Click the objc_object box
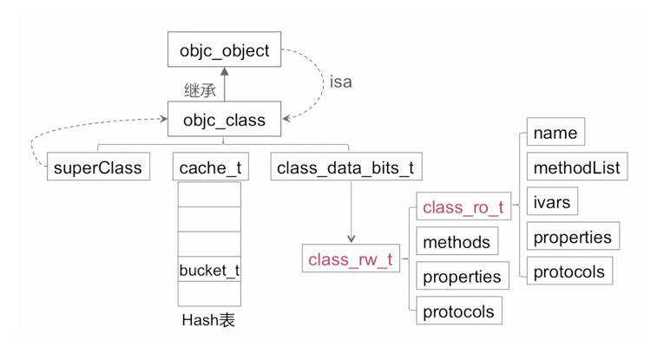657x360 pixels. click(x=224, y=51)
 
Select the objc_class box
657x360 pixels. click(x=224, y=119)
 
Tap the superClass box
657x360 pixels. click(x=96, y=167)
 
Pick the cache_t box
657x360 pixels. click(x=210, y=167)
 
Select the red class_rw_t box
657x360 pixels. click(x=351, y=259)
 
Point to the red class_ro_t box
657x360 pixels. click(x=463, y=207)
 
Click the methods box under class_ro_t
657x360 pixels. click(x=457, y=243)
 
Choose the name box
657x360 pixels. click(x=555, y=133)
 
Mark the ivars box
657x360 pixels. click(x=552, y=202)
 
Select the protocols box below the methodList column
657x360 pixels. click(x=568, y=272)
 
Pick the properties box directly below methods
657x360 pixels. click(x=462, y=277)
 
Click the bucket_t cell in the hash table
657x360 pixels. click(x=209, y=270)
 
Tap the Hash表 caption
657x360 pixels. click(x=208, y=320)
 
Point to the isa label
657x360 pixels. click(x=341, y=82)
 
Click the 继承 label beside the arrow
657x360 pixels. click(x=200, y=88)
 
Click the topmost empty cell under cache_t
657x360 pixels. click(x=209, y=193)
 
